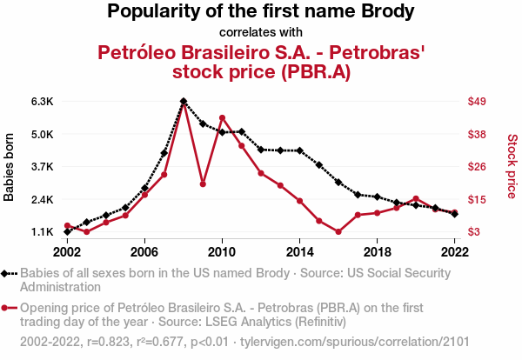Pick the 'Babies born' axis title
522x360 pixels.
pyautogui.click(x=10, y=167)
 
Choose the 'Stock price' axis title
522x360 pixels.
pyautogui.click(x=512, y=165)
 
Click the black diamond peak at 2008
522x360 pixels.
pyautogui.click(x=184, y=102)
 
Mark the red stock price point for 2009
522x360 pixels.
pyautogui.click(x=203, y=183)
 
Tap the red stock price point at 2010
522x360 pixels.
pyautogui.click(x=222, y=117)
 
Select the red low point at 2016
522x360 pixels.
pyautogui.click(x=338, y=232)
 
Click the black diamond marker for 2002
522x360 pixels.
pyautogui.click(x=67, y=232)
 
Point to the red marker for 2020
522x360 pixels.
pyautogui.click(x=416, y=199)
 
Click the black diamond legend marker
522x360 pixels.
pyautogui.click(x=8, y=273)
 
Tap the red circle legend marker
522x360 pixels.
pyautogui.click(x=8, y=308)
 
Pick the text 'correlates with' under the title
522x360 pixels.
pyautogui.click(x=261, y=33)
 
